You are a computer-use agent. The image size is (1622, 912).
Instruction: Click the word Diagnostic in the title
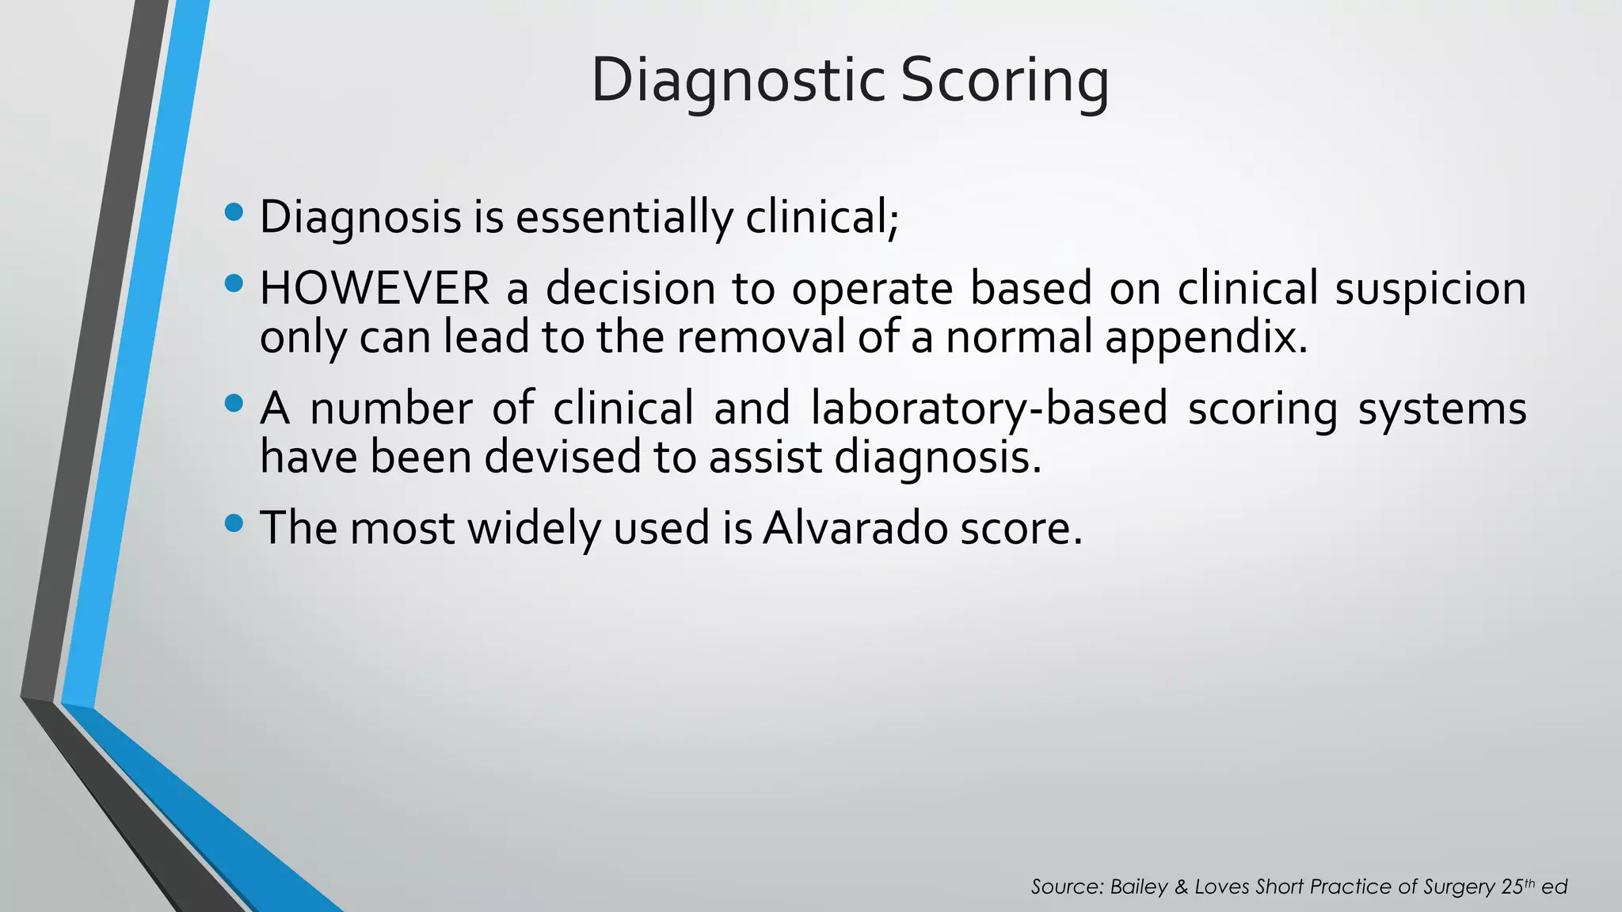pyautogui.click(x=737, y=81)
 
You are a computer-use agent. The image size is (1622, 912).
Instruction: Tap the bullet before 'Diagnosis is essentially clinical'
pyautogui.click(x=234, y=212)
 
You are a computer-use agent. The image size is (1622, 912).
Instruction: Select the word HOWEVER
pyautogui.click(x=375, y=288)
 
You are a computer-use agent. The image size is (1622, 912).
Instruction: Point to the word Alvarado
pyautogui.click(x=855, y=528)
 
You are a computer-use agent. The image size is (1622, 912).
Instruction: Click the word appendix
pyautogui.click(x=1205, y=337)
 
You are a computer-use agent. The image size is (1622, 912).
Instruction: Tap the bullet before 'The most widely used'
pyautogui.click(x=234, y=523)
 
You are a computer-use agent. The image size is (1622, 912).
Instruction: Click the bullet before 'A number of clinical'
pyautogui.click(x=234, y=404)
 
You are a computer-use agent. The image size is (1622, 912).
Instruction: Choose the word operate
pyautogui.click(x=872, y=288)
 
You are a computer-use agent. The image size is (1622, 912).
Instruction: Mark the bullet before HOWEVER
pyautogui.click(x=234, y=283)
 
